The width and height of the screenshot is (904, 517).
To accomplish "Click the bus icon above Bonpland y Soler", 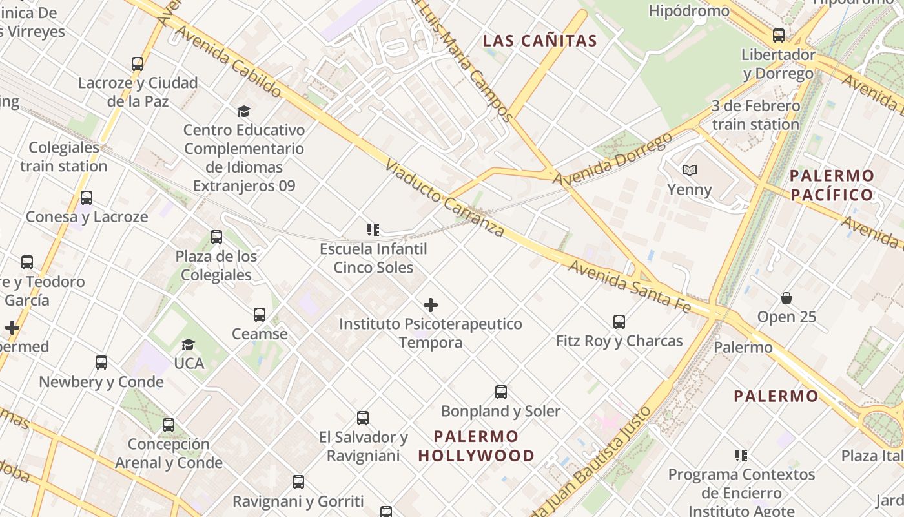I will pyautogui.click(x=500, y=392).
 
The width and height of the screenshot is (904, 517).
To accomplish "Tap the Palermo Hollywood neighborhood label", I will pyautogui.click(x=477, y=446).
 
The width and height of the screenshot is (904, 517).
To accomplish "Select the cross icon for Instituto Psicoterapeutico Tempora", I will pyautogui.click(x=431, y=305).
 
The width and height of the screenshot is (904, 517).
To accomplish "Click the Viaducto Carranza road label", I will pyautogui.click(x=444, y=198).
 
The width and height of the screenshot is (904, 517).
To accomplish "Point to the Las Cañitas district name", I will pyautogui.click(x=540, y=41).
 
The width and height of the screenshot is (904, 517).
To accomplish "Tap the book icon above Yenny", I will pyautogui.click(x=690, y=170).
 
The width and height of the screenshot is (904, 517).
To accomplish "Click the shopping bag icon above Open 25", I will pyautogui.click(x=786, y=298).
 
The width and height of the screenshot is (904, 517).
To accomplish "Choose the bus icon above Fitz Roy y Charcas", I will pyautogui.click(x=619, y=321).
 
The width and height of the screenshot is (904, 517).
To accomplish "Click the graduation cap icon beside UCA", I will pyautogui.click(x=188, y=344).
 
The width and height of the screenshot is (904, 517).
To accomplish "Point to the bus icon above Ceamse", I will pyautogui.click(x=260, y=315).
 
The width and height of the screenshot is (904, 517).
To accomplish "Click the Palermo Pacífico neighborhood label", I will pyautogui.click(x=832, y=185).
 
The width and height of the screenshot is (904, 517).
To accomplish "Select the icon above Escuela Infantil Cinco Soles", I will pyautogui.click(x=373, y=229).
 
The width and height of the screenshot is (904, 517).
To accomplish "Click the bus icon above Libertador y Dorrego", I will pyautogui.click(x=779, y=36).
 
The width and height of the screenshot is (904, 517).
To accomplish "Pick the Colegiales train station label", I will pyautogui.click(x=64, y=156).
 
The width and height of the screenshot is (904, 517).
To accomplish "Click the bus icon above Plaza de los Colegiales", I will pyautogui.click(x=216, y=237).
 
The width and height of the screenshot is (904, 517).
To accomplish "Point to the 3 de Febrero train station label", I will pyautogui.click(x=755, y=114).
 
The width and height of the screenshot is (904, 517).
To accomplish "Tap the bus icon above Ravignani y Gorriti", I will pyautogui.click(x=298, y=481).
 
